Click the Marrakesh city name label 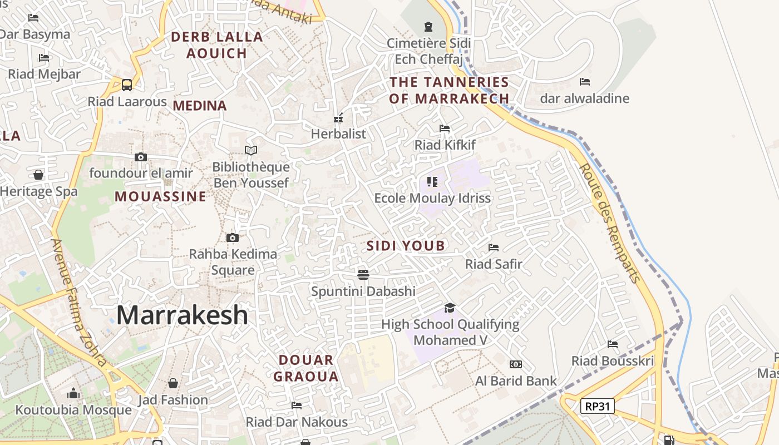[182, 315]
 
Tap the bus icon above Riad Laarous [127, 85]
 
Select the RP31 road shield [598, 406]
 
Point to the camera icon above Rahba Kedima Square [233, 238]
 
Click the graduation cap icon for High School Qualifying [450, 308]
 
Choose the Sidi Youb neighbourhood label [406, 246]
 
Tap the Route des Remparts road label [610, 223]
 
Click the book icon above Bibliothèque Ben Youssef [251, 150]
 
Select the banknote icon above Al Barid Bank [516, 364]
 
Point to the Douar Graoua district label [306, 368]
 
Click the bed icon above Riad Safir [494, 248]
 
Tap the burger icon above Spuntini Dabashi [363, 274]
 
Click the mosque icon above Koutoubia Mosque [73, 394]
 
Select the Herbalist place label [338, 134]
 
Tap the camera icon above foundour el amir [141, 157]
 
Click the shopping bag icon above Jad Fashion [173, 383]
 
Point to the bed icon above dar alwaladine [584, 82]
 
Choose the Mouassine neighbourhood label [160, 196]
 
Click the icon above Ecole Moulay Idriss [432, 181]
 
